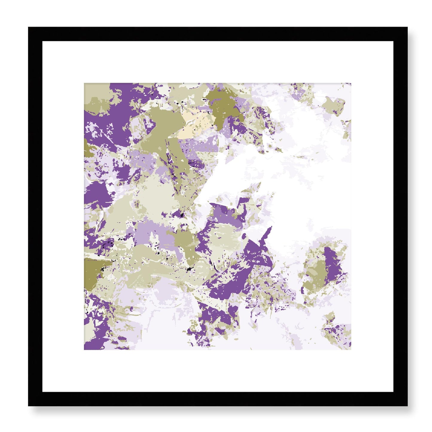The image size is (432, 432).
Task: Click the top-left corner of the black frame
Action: [29, 28]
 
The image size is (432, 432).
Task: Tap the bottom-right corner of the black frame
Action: [407, 405]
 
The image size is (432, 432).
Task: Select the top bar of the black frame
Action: [218, 34]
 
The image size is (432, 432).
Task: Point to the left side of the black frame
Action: [35, 216]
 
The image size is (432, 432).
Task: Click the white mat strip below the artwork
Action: [218, 371]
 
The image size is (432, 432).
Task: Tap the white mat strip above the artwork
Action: [218, 62]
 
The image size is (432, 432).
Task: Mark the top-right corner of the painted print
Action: [350, 84]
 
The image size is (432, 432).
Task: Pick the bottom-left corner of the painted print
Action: [85, 349]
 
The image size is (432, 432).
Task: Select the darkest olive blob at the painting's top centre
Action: [223, 106]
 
